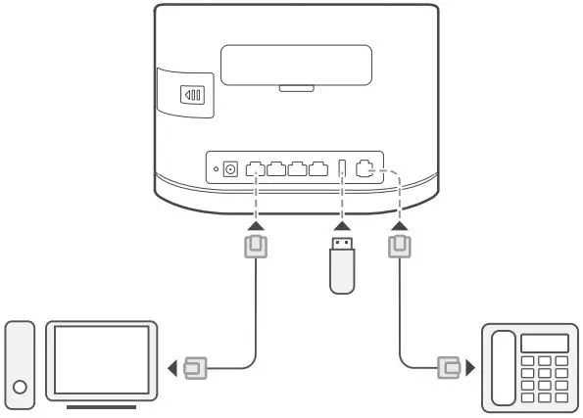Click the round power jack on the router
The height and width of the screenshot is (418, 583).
point(231,169)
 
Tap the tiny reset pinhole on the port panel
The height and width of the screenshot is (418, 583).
point(216,169)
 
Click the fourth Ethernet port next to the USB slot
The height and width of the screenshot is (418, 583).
point(317,169)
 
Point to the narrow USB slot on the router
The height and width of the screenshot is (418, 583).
point(341,169)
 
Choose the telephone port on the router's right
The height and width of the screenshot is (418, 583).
point(366,168)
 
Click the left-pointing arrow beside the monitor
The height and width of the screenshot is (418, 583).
point(174,369)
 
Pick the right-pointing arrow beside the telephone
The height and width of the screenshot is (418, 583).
point(470,369)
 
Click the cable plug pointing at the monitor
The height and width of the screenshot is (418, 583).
point(195,369)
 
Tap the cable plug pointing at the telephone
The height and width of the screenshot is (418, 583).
point(450,369)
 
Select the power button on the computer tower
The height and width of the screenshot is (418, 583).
point(20,387)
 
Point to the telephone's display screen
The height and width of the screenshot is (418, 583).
point(546,343)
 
